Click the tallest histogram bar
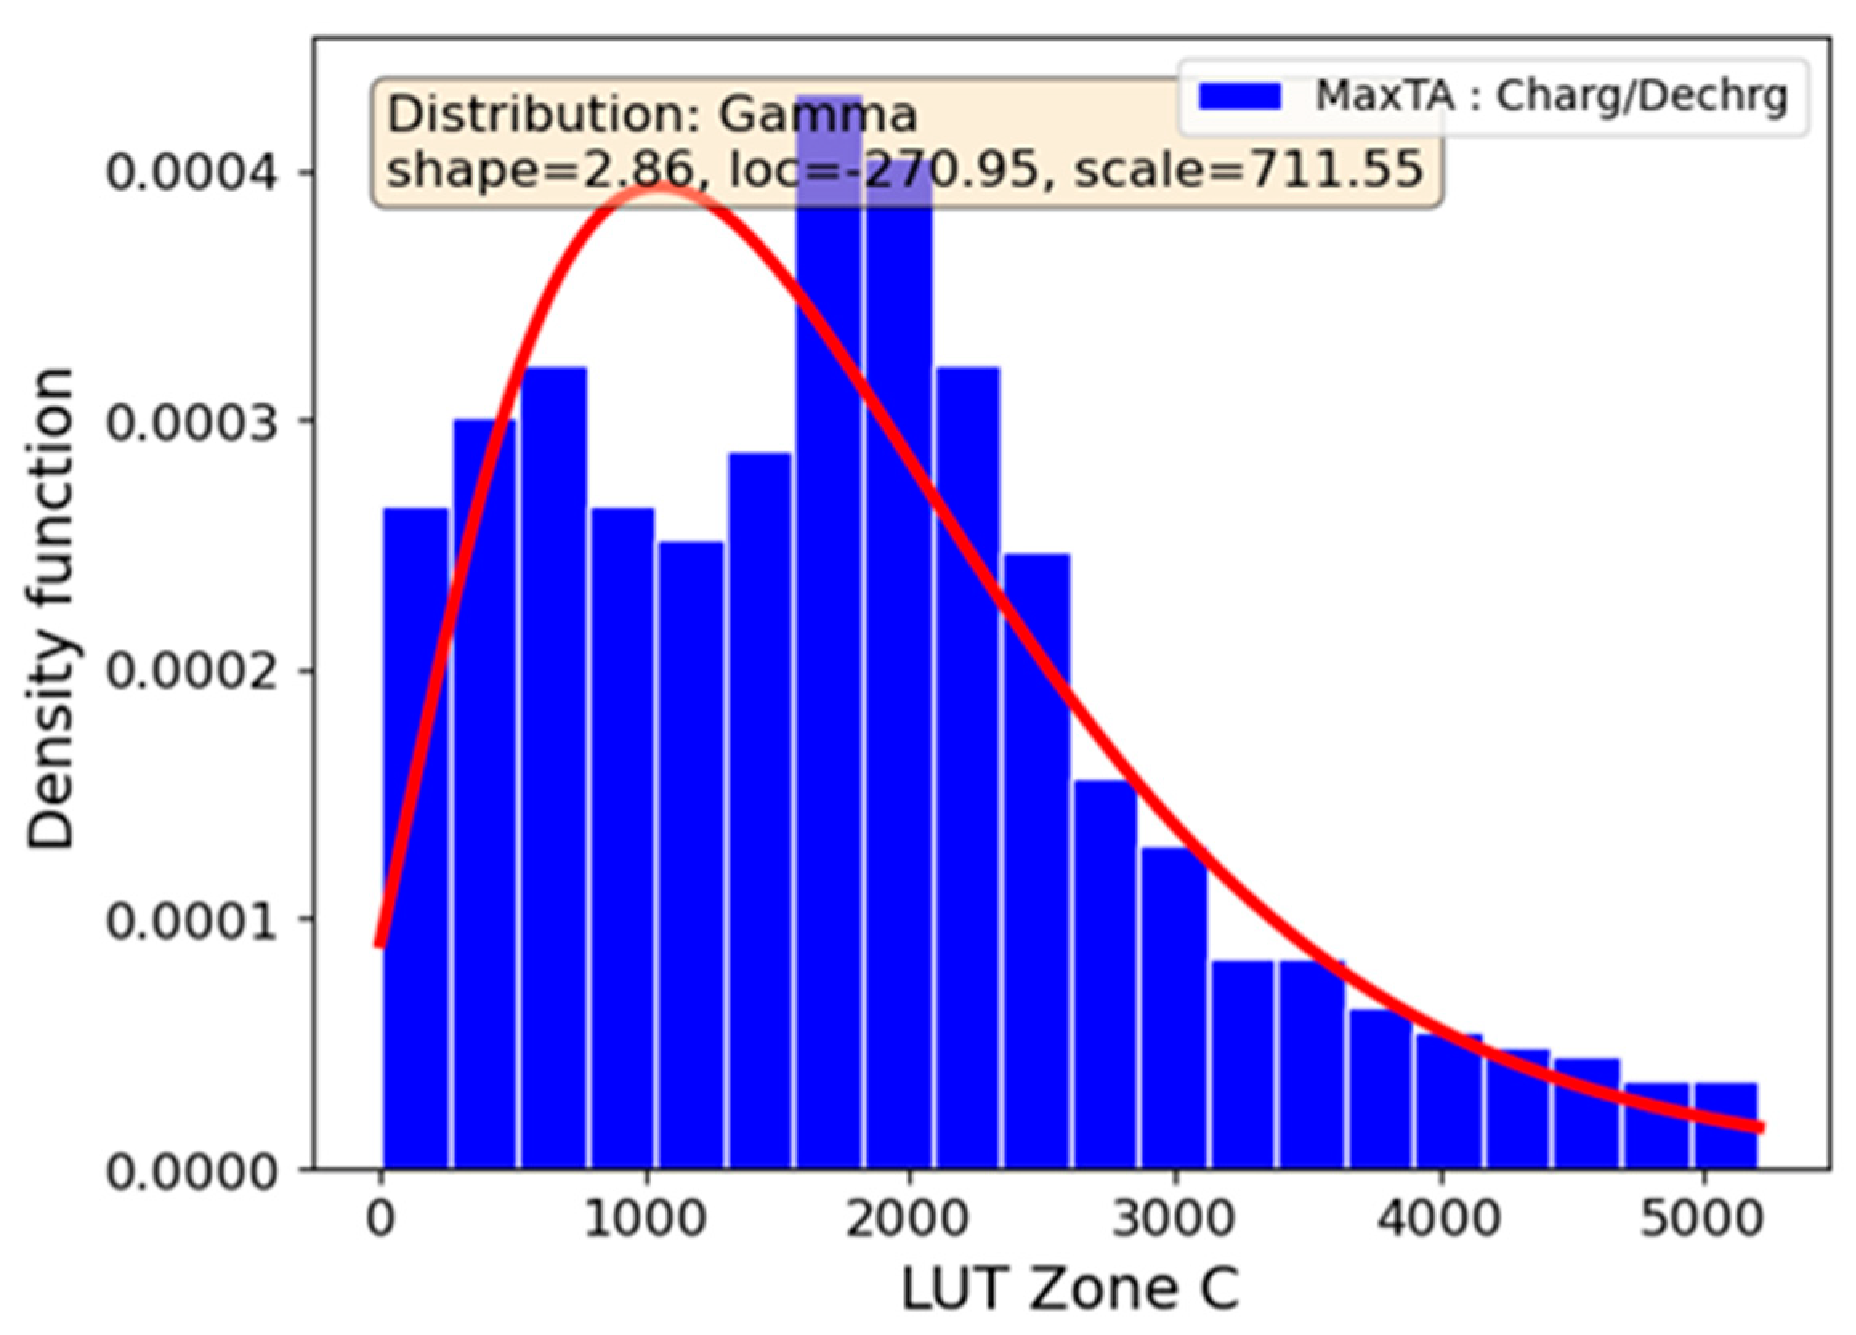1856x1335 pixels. [828, 655]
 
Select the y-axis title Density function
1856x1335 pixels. [51, 609]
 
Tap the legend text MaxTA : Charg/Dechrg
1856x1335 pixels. [1550, 96]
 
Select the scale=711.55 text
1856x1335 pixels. [1248, 171]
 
